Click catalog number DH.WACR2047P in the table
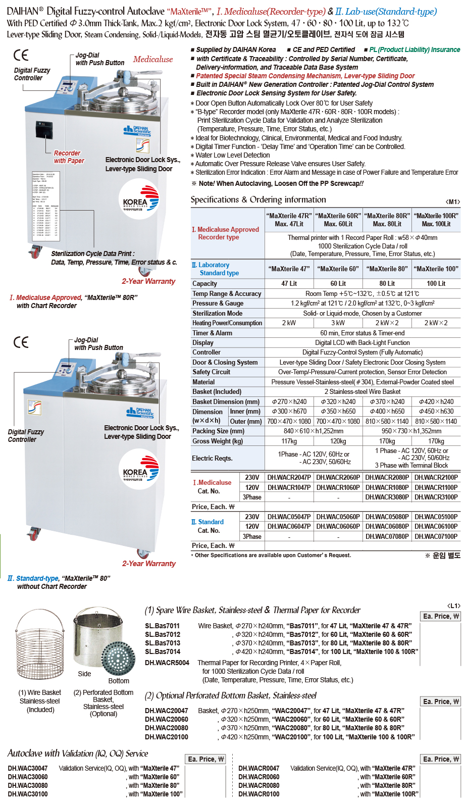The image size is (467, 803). [289, 477]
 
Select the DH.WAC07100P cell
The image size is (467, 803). [436, 536]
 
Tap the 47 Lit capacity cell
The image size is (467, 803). [289, 283]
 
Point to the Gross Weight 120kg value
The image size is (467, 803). [338, 441]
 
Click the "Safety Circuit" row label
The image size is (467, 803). [211, 372]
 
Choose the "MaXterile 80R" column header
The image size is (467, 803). [387, 219]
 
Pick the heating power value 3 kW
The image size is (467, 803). [338, 323]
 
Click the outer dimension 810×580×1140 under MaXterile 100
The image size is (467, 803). [436, 421]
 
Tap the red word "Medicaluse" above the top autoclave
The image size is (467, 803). [152, 59]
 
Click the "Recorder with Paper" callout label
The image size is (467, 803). [69, 157]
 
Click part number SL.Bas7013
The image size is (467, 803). [163, 643]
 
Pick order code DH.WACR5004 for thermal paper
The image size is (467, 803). [167, 663]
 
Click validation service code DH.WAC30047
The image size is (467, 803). [28, 768]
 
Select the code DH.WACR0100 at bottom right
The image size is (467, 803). [258, 794]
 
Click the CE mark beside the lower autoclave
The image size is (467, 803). [21, 342]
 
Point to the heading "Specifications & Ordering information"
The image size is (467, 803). [258, 199]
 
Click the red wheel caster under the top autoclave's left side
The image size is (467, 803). [35, 250]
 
